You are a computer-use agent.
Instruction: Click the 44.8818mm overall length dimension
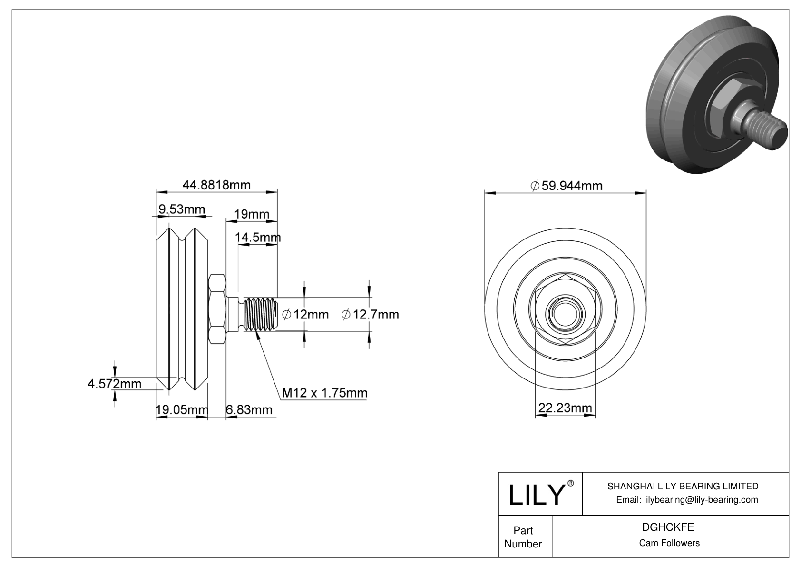[216, 185]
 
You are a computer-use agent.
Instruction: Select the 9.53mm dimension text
[181, 209]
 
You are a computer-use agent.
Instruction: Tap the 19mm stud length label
[252, 214]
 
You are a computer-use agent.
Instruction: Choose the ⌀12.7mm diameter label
[370, 314]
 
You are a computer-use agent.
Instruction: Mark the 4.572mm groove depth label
[114, 384]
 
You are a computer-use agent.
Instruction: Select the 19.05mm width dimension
[182, 409]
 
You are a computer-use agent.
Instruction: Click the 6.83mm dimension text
[249, 409]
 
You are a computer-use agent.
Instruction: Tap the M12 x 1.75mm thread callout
[324, 393]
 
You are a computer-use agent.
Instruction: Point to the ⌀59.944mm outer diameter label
[566, 186]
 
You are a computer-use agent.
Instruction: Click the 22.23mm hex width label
[565, 408]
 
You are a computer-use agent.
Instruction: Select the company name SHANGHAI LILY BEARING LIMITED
[683, 486]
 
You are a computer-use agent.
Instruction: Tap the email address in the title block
[687, 499]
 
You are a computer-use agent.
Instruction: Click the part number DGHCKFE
[668, 527]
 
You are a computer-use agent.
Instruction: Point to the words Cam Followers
[669, 543]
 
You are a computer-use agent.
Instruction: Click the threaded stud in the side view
[259, 314]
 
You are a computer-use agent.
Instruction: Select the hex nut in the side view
[217, 309]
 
